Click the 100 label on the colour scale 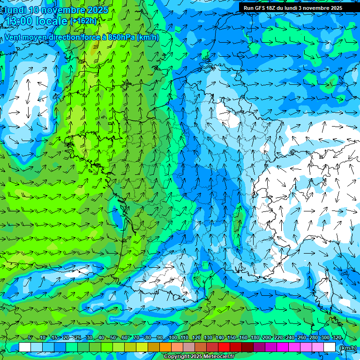coord(173,338)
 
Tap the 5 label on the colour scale coord(30,338)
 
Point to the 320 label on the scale coord(337,338)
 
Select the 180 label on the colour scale coord(255,338)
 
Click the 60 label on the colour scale coord(124,338)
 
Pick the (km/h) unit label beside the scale coord(348,348)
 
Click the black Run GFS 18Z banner coord(293,8)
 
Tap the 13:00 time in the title coord(19,22)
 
